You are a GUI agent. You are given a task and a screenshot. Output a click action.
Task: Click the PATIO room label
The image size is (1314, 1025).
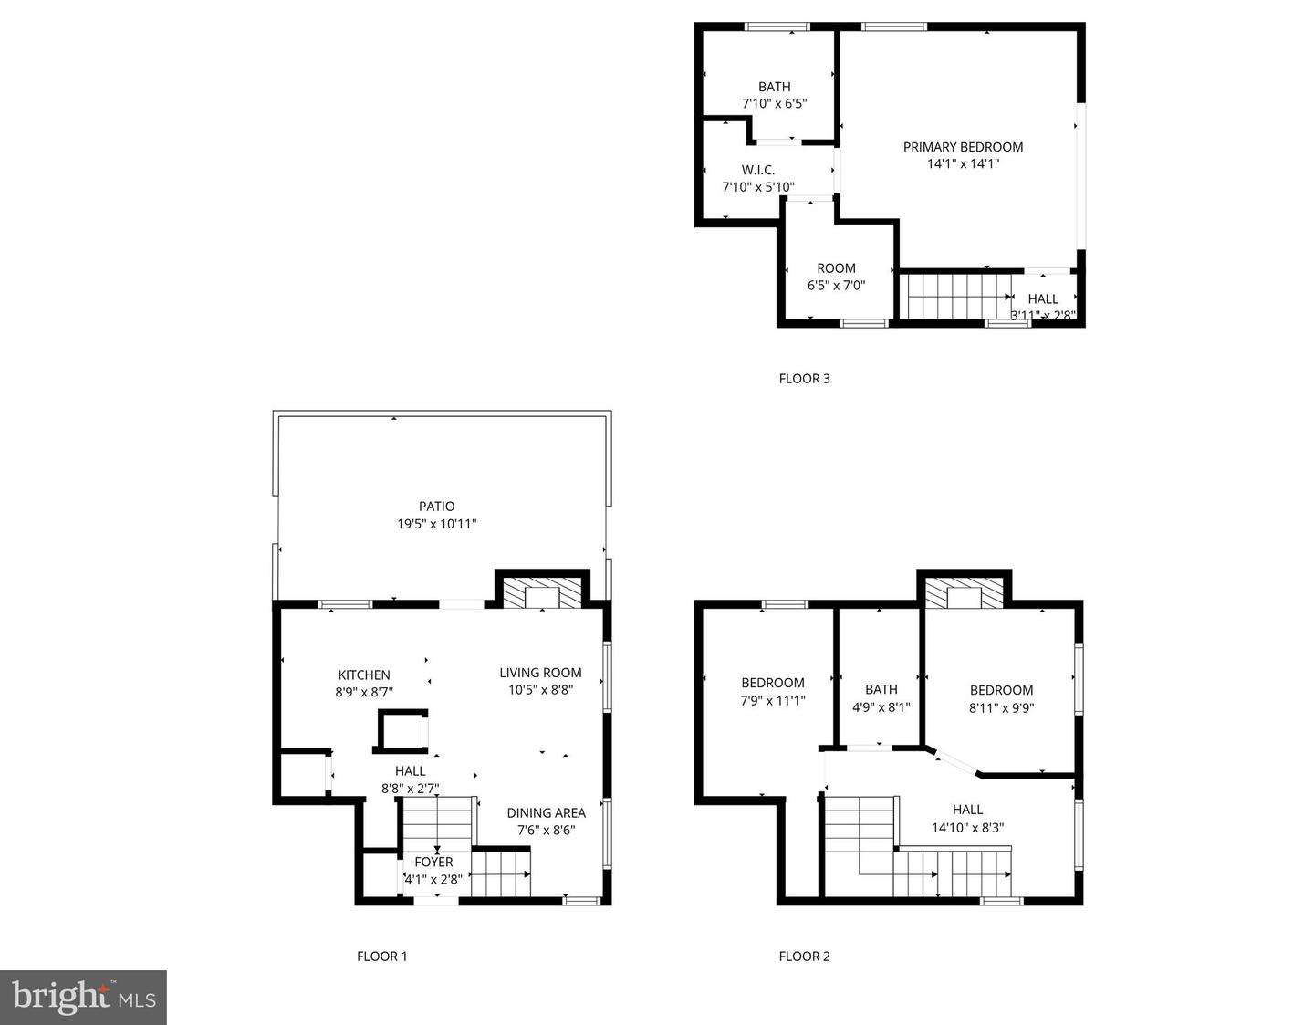pos(436,507)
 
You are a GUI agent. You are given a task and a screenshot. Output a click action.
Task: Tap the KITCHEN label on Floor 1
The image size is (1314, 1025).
pos(364,675)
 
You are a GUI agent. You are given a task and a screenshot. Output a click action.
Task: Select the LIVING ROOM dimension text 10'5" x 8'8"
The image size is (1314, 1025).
pos(540,690)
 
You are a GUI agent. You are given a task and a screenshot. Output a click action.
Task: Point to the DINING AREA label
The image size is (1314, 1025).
pos(546,813)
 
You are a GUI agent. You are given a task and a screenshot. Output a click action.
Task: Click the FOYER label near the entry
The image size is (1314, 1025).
pos(433,863)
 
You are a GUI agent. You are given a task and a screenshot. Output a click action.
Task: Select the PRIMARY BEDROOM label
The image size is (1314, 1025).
pos(964,147)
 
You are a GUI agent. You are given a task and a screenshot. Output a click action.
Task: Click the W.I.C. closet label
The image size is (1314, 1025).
pos(758,170)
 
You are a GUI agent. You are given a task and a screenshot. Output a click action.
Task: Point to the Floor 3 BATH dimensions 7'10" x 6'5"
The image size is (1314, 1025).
pos(775,103)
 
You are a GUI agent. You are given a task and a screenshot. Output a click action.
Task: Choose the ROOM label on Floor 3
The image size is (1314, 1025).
pos(836,268)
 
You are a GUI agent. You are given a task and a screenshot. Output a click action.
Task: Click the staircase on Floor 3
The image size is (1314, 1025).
pos(956,297)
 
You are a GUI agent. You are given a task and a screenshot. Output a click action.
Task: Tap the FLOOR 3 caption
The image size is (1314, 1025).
pos(804,379)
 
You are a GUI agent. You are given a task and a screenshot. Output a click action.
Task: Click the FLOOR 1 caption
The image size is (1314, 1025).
pos(382,956)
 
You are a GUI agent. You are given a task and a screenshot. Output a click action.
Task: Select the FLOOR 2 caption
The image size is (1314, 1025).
pos(804,956)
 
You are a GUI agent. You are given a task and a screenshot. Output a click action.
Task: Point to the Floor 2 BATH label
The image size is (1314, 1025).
pos(881,689)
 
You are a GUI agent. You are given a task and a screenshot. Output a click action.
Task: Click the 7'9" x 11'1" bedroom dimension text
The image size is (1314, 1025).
pos(773,701)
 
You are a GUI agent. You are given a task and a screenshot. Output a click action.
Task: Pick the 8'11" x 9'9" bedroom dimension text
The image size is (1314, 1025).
pos(1001,708)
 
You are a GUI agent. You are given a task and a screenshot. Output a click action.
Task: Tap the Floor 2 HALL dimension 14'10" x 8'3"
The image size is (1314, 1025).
pos(967,828)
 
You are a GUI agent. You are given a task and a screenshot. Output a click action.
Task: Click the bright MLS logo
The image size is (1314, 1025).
pos(83,998)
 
